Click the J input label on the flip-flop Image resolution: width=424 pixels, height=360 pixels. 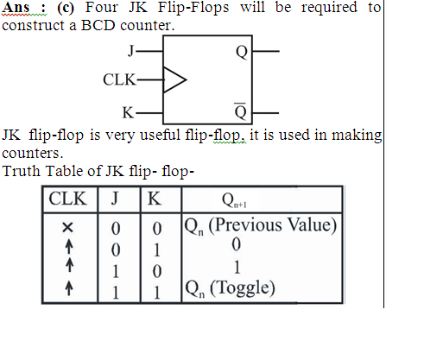point(131,51)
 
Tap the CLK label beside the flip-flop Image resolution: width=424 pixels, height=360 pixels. point(119,79)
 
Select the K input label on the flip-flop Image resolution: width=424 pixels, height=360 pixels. point(128,112)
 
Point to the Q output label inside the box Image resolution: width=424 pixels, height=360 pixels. point(242,52)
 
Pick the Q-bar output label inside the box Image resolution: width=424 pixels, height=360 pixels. point(241,111)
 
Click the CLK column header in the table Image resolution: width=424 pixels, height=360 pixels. point(67,199)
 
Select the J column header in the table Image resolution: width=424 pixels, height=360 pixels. point(115,199)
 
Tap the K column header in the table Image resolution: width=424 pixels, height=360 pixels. point(155,199)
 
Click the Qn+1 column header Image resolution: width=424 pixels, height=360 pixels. point(234,200)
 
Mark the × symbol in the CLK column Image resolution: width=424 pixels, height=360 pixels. point(67,228)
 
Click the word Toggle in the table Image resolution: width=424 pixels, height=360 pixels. point(242,287)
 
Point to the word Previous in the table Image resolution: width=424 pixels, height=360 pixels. point(248,225)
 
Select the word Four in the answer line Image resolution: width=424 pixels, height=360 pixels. point(101,7)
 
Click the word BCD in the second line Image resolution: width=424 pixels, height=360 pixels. point(98,25)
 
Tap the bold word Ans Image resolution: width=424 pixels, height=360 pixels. point(16,8)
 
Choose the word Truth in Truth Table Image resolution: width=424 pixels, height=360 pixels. point(22,171)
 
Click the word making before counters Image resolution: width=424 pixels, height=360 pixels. point(357,136)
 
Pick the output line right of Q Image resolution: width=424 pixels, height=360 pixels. point(266,51)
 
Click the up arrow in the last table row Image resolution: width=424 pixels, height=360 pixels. point(68,288)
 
